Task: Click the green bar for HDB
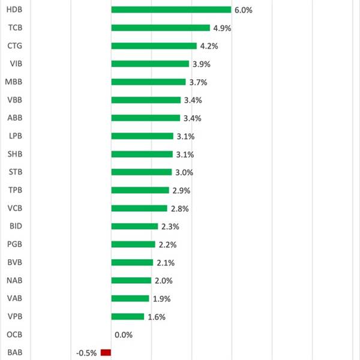171,10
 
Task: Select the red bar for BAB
106,353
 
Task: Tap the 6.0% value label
243,10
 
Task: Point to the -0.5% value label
86,353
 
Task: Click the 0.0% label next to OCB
123,335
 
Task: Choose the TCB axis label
16,28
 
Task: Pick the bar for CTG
154,46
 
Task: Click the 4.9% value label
222,28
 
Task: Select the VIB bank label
17,64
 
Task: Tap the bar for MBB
148,82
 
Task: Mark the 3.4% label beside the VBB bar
193,100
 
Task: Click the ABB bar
145,118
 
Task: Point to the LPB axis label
16,136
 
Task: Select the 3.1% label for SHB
185,154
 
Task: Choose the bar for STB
141,172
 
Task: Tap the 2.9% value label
181,190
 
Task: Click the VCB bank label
16,208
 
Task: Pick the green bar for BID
134,226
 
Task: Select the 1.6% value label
156,317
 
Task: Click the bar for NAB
131,280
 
